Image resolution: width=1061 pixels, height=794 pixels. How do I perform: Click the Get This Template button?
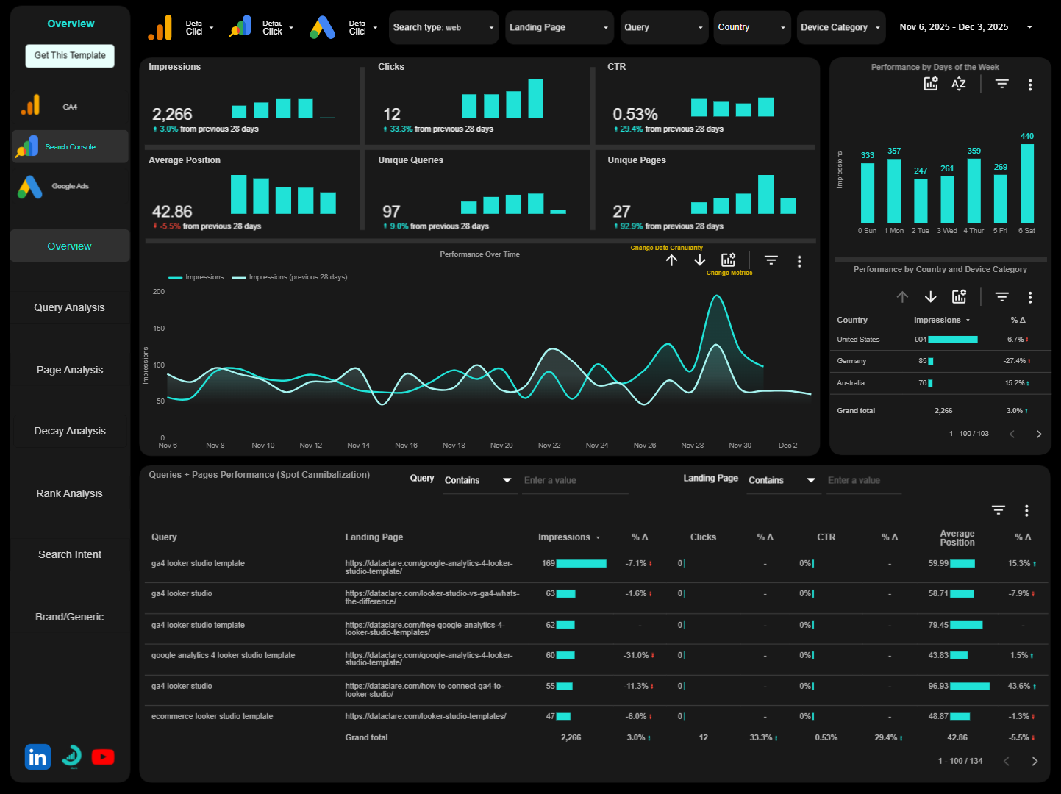tap(70, 56)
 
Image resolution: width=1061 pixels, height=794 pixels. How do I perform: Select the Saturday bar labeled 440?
tap(1026, 183)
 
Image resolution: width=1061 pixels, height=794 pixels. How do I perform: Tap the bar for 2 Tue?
tap(921, 200)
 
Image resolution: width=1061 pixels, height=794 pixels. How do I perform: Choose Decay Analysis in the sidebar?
tap(70, 431)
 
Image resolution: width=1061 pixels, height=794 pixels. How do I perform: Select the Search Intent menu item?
tap(70, 554)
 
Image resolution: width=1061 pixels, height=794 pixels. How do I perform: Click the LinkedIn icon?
tap(37, 757)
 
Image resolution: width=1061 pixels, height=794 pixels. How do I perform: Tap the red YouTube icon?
tap(103, 757)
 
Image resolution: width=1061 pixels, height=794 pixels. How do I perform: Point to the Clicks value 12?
tap(392, 115)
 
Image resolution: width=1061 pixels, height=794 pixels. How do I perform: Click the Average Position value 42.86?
tap(172, 212)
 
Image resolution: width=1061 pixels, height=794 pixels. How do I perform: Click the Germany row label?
tap(851, 361)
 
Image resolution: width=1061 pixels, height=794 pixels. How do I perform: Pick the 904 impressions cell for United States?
tap(921, 340)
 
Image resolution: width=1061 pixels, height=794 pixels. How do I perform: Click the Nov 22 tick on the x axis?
tap(549, 446)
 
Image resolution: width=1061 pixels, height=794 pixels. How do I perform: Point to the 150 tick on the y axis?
tap(159, 329)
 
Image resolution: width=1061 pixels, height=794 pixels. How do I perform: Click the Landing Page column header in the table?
tap(374, 537)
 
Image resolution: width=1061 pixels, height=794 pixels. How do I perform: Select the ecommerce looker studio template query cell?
tap(212, 716)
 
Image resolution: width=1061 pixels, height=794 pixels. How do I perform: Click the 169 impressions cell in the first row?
tap(549, 563)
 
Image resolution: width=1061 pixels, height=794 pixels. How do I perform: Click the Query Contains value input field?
tap(574, 481)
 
